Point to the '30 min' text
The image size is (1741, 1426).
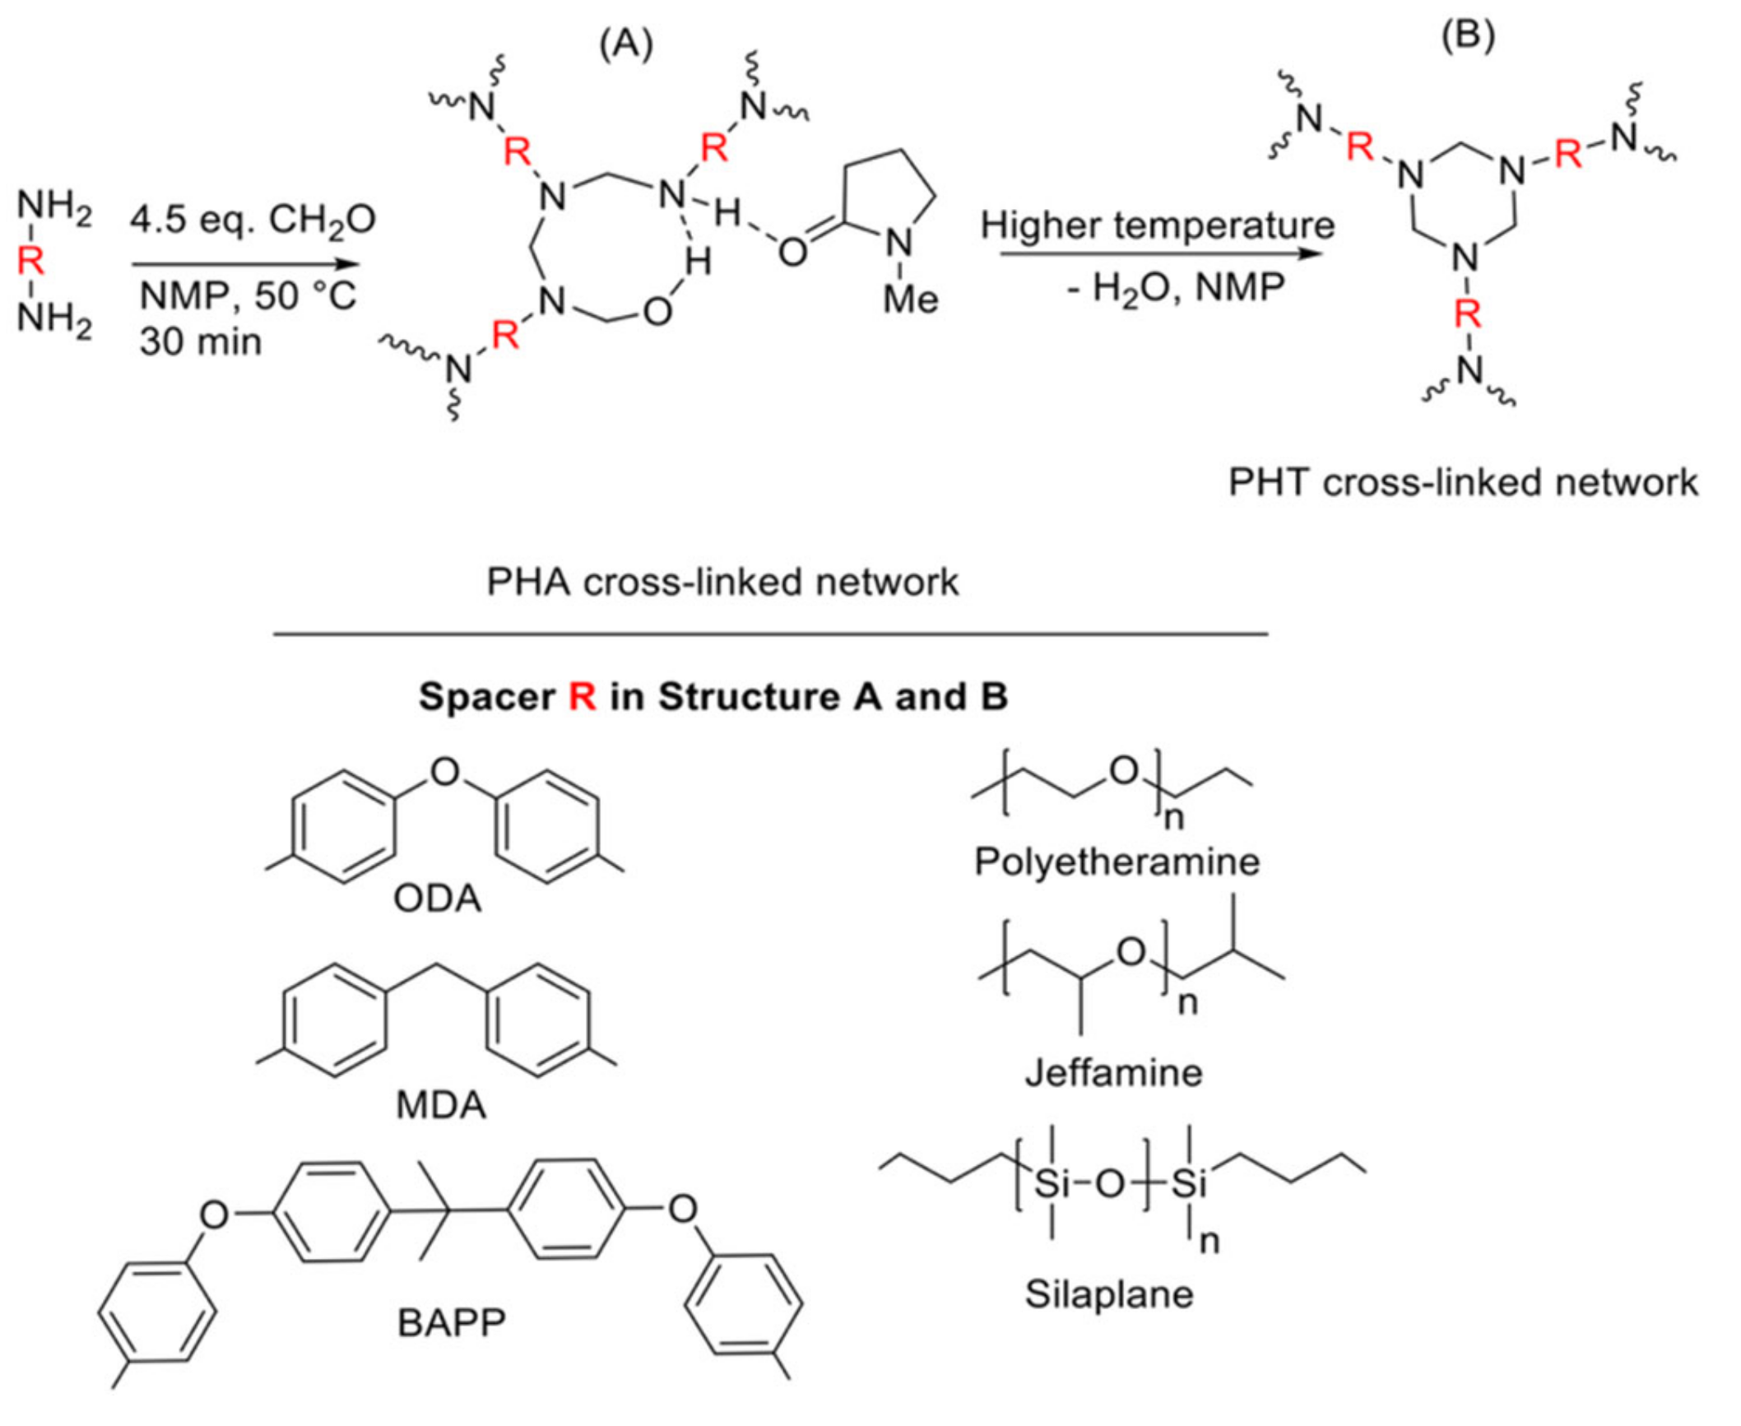point(200,341)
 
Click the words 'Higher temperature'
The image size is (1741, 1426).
point(1157,225)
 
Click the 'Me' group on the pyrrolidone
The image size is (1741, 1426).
point(910,299)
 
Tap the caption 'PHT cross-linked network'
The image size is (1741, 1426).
point(1462,482)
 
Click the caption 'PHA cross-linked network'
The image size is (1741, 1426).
point(722,582)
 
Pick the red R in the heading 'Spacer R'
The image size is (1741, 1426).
point(582,697)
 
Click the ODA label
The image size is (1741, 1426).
point(437,899)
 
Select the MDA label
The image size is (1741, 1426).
point(440,1105)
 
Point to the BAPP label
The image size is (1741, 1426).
point(451,1324)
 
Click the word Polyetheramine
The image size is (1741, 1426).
point(1117,862)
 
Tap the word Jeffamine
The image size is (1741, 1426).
point(1113,1073)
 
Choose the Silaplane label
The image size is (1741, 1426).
point(1108,1295)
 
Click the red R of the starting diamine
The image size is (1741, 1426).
point(30,262)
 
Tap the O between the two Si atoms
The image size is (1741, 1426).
point(1109,1185)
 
